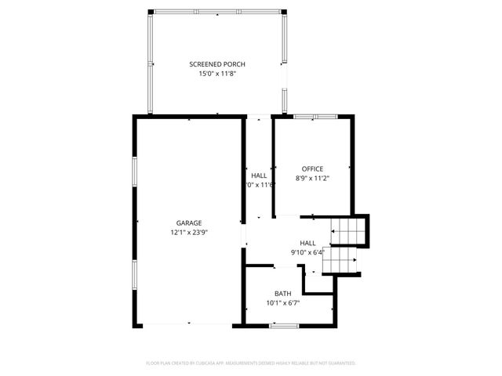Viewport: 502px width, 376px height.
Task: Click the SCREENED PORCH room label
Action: [x=217, y=63]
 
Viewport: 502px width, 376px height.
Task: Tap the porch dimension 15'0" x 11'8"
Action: [x=217, y=73]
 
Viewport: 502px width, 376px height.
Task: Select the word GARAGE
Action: [x=189, y=223]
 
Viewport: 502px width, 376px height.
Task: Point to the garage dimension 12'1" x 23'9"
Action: [x=189, y=233]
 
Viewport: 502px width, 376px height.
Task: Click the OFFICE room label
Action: [x=312, y=168]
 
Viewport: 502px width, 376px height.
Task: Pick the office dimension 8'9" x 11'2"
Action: [x=312, y=178]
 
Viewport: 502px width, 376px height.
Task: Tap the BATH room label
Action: [x=282, y=293]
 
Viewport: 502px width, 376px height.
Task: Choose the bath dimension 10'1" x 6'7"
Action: [x=282, y=302]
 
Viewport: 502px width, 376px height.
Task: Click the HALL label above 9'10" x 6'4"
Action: [x=307, y=243]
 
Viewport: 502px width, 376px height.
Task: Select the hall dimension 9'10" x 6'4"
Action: [x=307, y=252]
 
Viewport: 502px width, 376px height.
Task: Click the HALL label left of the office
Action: [x=259, y=175]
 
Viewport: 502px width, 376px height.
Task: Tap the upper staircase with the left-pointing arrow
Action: [x=347, y=231]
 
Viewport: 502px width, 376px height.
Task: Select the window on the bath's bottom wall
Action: [x=282, y=324]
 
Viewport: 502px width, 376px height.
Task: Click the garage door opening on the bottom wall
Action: [x=188, y=324]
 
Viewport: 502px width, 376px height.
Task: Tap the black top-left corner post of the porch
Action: [x=150, y=12]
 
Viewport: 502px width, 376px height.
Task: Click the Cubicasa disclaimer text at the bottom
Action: [x=251, y=363]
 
